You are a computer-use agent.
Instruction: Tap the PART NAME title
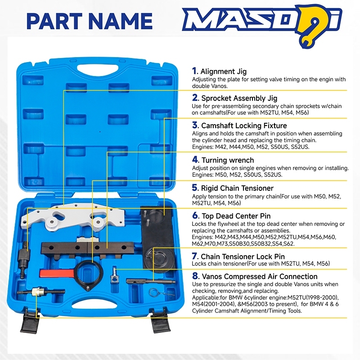click(90, 21)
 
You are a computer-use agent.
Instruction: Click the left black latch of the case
click(30, 321)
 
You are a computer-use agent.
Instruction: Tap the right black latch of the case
click(161, 321)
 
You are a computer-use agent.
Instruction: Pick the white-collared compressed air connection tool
click(40, 292)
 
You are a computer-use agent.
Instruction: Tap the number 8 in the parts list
click(195, 276)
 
